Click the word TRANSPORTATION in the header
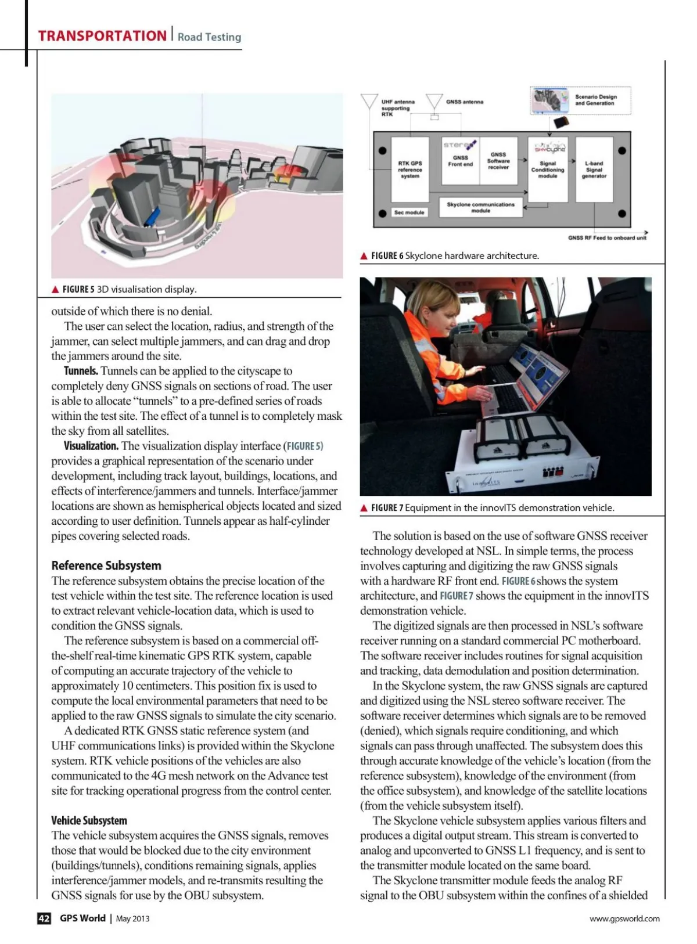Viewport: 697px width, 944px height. [102, 36]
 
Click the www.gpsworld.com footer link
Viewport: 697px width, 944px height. [624, 918]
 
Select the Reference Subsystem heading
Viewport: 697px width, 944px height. [106, 565]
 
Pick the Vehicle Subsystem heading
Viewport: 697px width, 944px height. [89, 820]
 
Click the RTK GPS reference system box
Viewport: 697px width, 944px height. [409, 170]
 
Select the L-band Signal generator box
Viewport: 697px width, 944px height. [594, 170]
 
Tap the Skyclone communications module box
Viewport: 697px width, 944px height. [481, 207]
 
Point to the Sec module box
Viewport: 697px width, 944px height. [409, 212]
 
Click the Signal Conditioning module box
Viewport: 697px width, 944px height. [548, 170]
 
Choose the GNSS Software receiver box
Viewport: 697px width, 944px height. [498, 161]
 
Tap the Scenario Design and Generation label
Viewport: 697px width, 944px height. [596, 100]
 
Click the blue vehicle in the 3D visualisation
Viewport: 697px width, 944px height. [152, 217]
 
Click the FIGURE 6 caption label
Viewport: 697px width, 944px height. [387, 256]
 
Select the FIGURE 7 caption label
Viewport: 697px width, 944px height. [387, 508]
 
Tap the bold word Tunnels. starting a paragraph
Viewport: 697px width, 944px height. [81, 371]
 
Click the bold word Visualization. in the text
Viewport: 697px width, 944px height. [91, 446]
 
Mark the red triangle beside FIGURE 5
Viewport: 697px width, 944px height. [55, 290]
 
